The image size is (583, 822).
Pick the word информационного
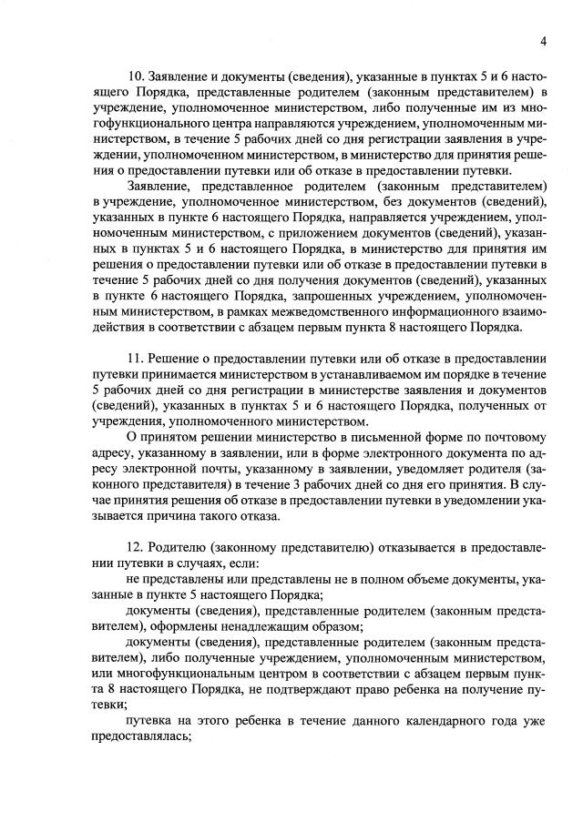433,312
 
